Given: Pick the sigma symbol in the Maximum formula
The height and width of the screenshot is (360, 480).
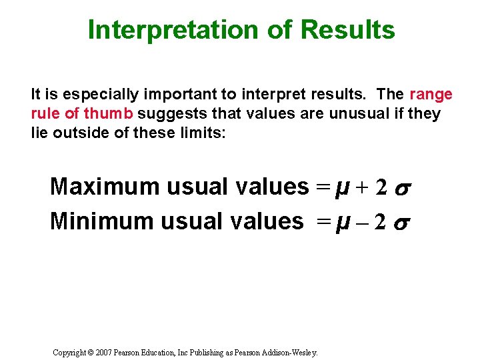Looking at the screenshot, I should (401, 189).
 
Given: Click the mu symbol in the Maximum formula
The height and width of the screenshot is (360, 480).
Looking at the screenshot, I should (343, 188).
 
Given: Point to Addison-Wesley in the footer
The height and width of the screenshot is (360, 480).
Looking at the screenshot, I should (293, 351).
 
